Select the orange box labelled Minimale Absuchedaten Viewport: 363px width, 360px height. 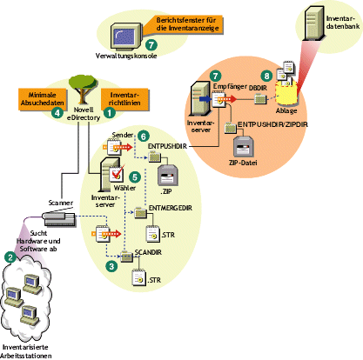point(36,97)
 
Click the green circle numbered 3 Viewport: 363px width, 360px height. point(110,267)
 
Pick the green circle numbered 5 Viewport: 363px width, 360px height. point(135,177)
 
